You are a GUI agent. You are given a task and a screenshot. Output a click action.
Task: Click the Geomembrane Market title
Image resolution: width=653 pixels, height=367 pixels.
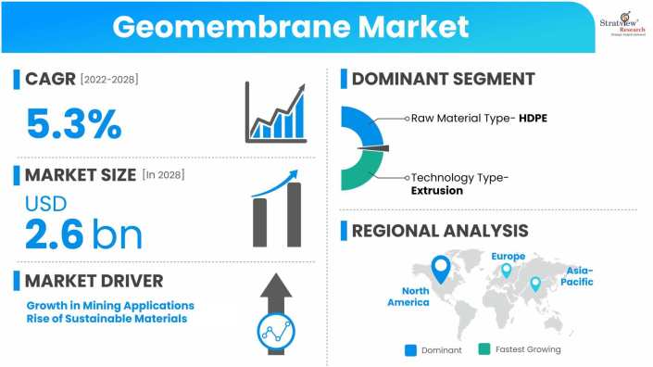(291, 26)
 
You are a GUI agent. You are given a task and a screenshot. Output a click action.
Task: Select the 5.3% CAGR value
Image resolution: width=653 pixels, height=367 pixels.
(74, 123)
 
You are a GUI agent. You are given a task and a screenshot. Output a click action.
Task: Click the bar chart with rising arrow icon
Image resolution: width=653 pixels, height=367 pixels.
(276, 112)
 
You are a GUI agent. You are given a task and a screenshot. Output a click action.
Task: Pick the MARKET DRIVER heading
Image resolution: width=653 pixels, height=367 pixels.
(94, 280)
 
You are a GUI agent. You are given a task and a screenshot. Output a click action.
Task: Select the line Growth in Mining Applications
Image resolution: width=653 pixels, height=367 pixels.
(110, 305)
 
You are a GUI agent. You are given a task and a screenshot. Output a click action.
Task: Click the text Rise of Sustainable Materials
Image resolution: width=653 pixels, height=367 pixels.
(107, 319)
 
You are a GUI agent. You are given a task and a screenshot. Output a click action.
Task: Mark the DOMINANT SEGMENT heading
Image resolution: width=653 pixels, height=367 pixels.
(442, 79)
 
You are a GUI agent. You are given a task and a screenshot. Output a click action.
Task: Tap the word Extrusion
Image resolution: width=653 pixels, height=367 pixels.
(437, 191)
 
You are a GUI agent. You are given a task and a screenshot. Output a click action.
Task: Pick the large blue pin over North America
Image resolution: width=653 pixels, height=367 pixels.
(441, 270)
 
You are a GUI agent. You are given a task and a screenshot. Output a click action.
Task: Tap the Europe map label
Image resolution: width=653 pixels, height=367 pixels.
(508, 256)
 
